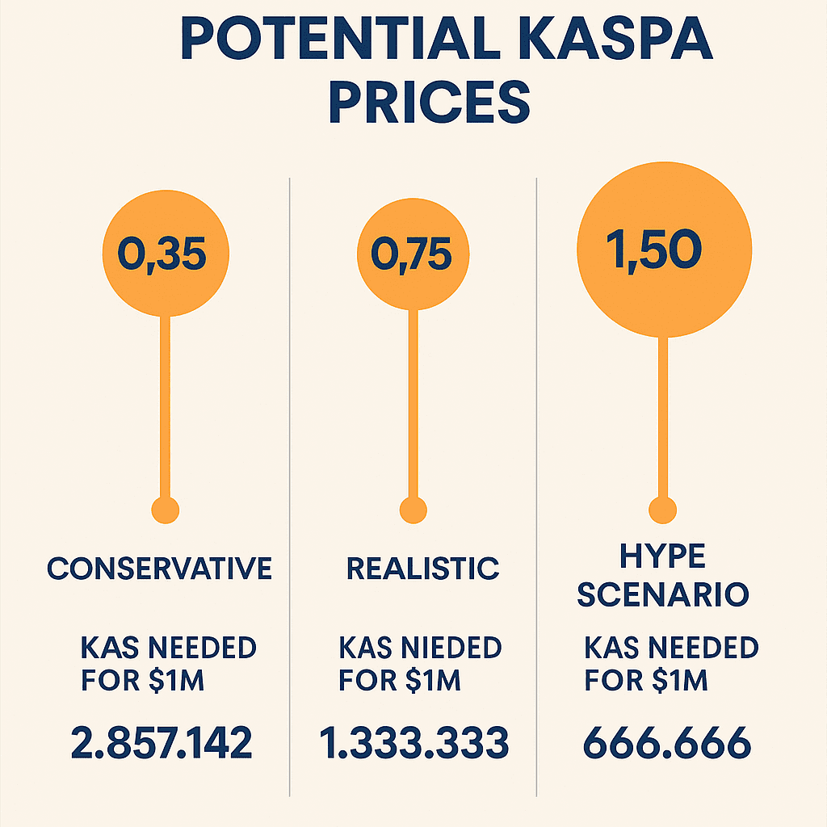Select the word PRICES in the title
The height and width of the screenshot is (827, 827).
coord(429,103)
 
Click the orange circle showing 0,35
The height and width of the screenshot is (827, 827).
coord(166,253)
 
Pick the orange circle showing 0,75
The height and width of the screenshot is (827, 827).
coord(413,253)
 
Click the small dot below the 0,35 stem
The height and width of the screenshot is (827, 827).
coord(166,510)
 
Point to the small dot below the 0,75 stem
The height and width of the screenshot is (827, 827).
coord(413,510)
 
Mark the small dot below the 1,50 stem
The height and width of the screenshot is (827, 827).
coord(663,510)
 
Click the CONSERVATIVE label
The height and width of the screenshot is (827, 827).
coord(159,569)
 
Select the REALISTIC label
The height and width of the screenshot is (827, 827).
coord(422,569)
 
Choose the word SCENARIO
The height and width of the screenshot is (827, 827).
coord(663,595)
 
